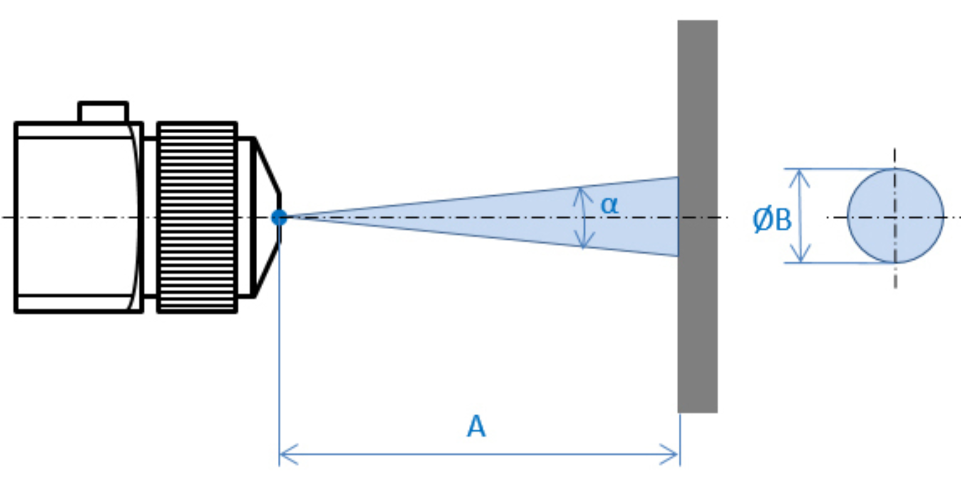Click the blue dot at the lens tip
(279, 217)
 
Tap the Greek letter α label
(609, 205)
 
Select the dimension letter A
(476, 426)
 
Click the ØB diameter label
(772, 219)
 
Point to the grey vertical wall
(698, 216)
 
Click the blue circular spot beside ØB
(895, 216)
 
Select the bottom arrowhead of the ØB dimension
(801, 253)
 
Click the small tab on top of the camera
(103, 112)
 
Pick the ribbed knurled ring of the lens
(197, 217)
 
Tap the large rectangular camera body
(79, 217)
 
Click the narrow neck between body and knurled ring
(150, 217)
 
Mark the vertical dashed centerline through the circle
(895, 218)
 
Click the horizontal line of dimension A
(479, 454)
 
